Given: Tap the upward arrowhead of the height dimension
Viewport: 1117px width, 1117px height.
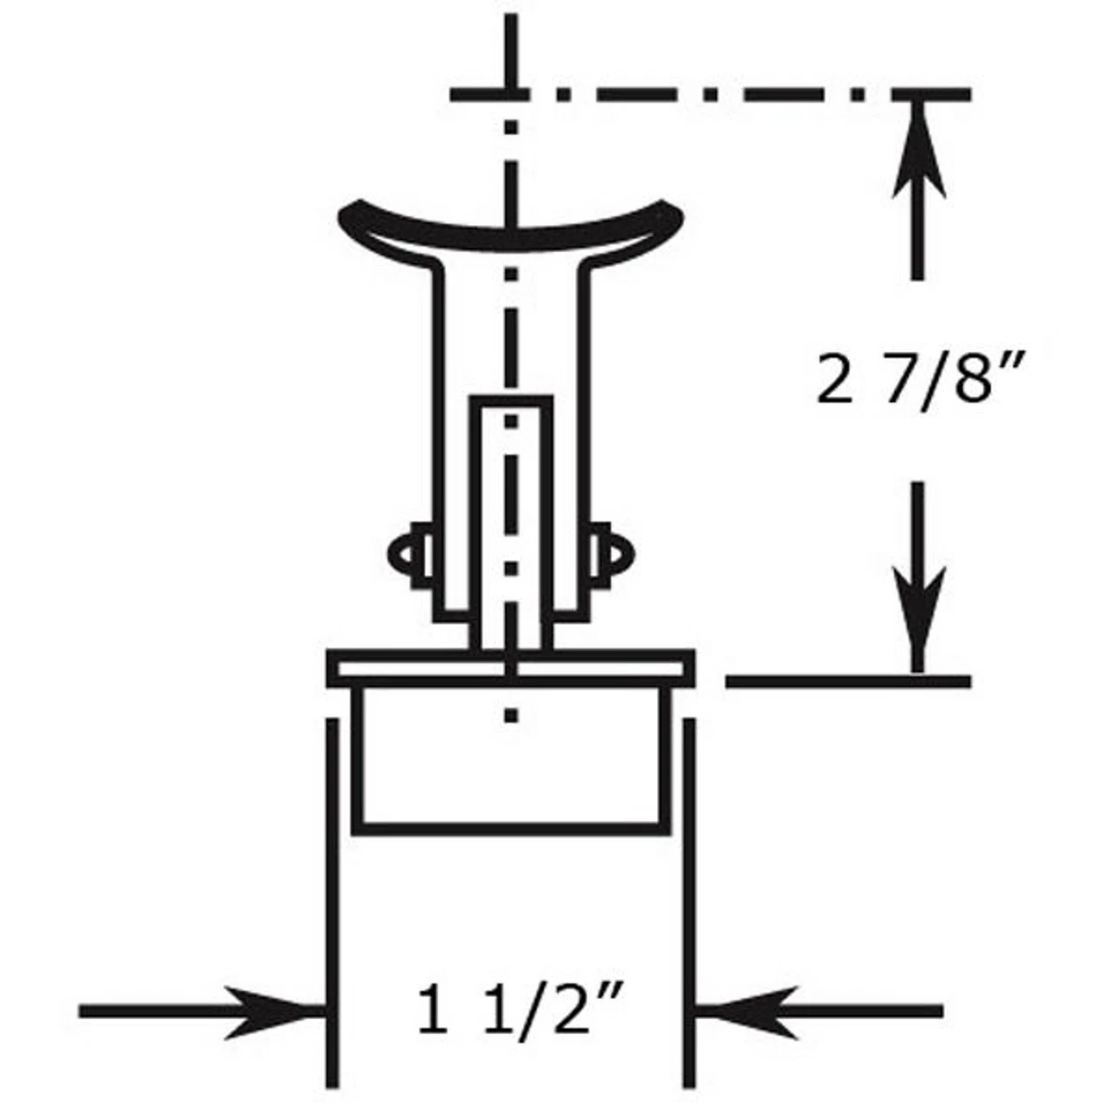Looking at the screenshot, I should coord(915,148).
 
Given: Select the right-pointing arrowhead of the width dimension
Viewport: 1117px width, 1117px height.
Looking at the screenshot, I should coord(271,1011).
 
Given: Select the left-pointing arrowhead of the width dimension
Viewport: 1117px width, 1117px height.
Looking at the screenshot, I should coord(750,1011).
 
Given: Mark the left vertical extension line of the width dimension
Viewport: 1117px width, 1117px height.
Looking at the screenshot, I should coord(332,899).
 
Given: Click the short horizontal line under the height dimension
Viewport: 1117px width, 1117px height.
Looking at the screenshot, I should coord(846,680).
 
